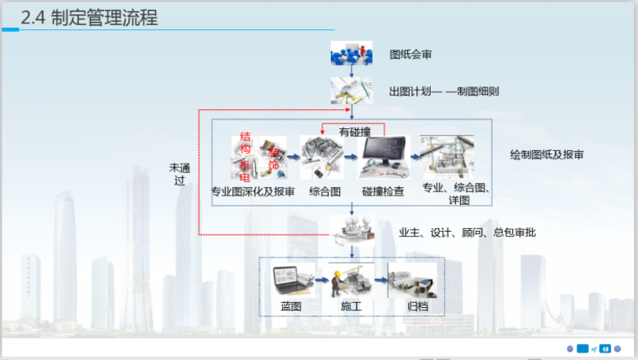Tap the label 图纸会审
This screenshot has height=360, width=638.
(411, 55)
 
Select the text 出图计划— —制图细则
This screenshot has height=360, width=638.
(444, 91)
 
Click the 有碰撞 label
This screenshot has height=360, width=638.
(355, 132)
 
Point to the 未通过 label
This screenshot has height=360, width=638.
(179, 174)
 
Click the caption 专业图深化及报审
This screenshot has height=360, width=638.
(253, 192)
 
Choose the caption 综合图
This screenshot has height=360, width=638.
(324, 192)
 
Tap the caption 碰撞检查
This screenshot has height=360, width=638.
(383, 192)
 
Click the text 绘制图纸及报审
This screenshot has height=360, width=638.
(546, 155)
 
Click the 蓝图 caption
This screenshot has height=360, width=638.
(290, 306)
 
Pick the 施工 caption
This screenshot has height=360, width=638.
(351, 306)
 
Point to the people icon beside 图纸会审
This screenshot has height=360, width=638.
(350, 55)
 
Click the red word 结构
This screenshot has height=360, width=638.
(246, 143)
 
